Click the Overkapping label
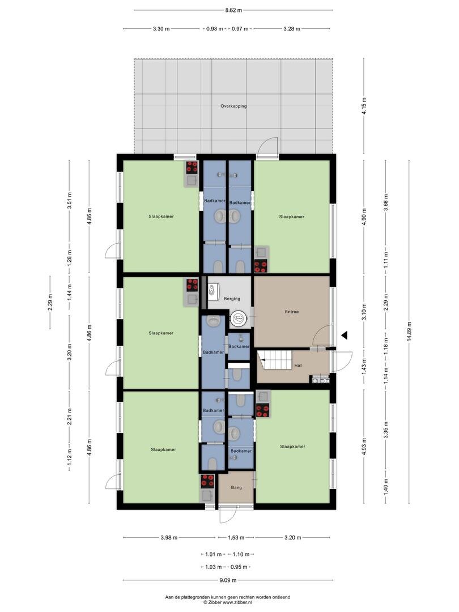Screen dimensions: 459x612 coord(233,106)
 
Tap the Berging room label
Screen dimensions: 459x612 coord(232,299)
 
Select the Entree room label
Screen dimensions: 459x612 coord(292,312)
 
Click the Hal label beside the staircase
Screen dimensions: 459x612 coord(298,365)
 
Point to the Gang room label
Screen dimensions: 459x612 coord(236,487)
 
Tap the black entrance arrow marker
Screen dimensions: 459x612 coord(345,335)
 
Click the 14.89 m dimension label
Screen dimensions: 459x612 coord(409,331)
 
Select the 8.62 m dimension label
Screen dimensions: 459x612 coord(233,10)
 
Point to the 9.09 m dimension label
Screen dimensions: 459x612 coord(228,580)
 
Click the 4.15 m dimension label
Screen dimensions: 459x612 coord(364,105)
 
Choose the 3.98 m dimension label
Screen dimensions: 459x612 coord(169,537)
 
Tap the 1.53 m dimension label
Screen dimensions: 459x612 coord(236,537)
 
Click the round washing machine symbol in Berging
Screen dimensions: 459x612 coord(237,319)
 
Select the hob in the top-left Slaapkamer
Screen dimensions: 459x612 coord(192,167)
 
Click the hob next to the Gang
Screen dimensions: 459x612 coord(207,481)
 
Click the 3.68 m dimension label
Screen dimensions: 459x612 coord(386,202)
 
